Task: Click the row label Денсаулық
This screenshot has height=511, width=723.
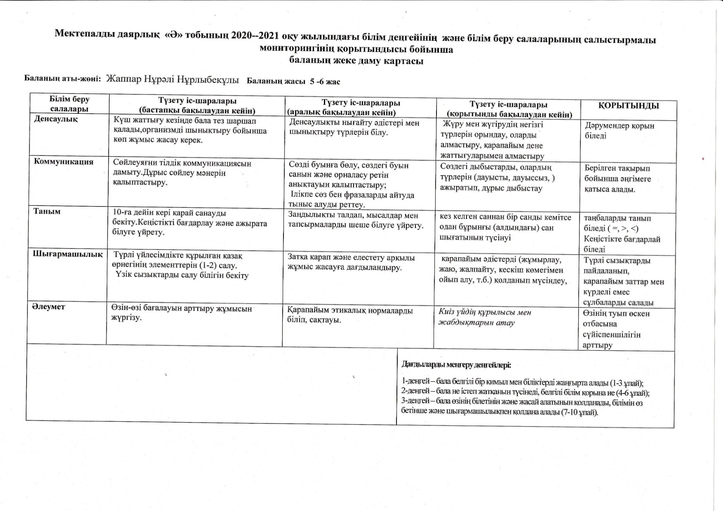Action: [x=56, y=119]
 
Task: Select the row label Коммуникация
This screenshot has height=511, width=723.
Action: [x=63, y=162]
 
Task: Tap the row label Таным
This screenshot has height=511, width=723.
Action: [x=47, y=211]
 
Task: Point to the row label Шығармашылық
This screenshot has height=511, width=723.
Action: [x=68, y=254]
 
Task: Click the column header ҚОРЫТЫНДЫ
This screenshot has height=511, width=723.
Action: [x=628, y=106]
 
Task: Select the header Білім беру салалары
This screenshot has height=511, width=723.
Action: [x=69, y=104]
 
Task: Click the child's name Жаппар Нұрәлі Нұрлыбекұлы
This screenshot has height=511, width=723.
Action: [x=172, y=79]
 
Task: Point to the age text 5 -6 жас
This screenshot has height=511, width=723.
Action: [x=325, y=82]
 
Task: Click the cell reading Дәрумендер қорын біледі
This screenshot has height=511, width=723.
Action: [x=619, y=131]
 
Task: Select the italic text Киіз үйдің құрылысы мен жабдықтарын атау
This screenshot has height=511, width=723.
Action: [x=485, y=317]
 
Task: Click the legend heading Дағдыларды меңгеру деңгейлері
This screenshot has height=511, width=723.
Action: [x=456, y=365]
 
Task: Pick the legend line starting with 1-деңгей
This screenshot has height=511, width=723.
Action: [x=522, y=383]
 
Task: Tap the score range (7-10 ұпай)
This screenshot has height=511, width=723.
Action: [x=580, y=412]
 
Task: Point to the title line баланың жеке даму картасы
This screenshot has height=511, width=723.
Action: [x=356, y=61]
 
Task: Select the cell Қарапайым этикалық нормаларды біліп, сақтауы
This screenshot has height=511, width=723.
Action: [x=350, y=315]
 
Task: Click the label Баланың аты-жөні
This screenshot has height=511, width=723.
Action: [x=63, y=79]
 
